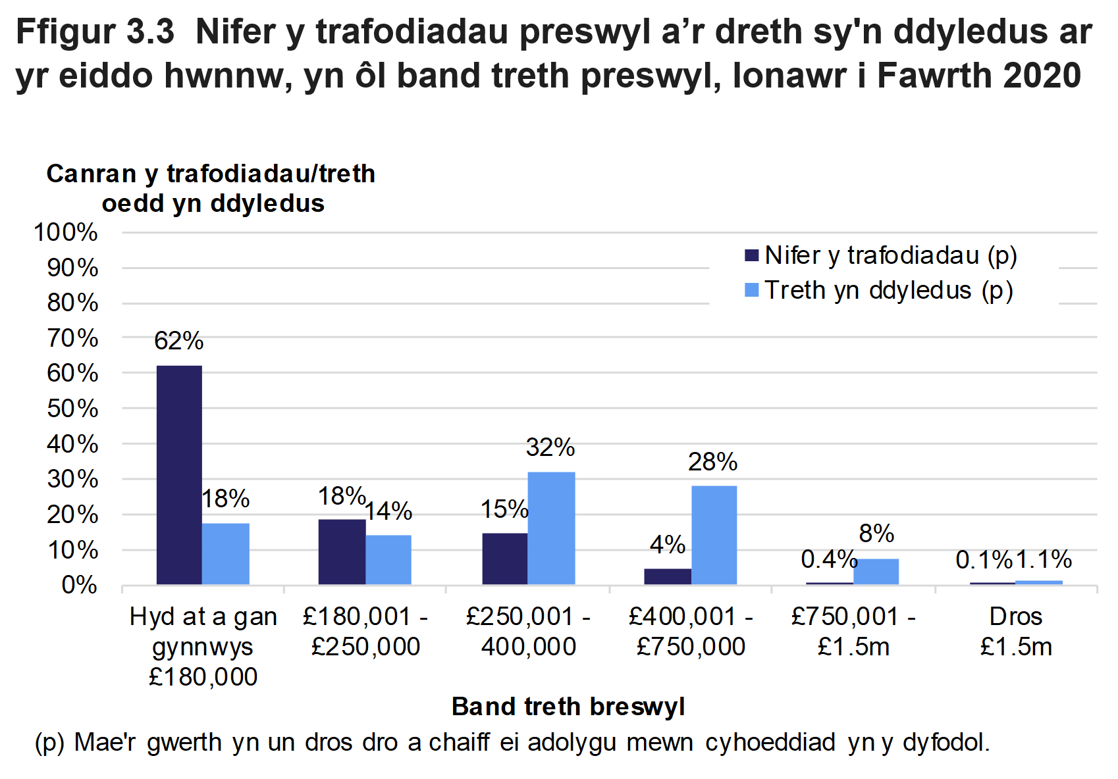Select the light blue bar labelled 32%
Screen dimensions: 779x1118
click(551, 528)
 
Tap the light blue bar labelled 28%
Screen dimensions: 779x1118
click(714, 535)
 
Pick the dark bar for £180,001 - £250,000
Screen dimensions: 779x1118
click(342, 551)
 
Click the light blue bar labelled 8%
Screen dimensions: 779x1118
click(876, 571)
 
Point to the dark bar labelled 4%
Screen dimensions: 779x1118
click(667, 576)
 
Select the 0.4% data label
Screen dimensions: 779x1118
click(828, 559)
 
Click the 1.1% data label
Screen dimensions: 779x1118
click(1044, 559)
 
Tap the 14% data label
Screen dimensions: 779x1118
click(388, 511)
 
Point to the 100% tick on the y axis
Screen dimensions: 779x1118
click(65, 232)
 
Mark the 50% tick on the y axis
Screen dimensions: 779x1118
click(72, 409)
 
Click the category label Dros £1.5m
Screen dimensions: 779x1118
click(1015, 632)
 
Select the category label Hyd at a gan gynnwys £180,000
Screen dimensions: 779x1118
click(203, 646)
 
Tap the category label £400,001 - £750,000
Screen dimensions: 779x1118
click(691, 632)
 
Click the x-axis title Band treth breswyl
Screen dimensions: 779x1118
click(568, 707)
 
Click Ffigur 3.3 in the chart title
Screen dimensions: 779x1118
click(95, 32)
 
